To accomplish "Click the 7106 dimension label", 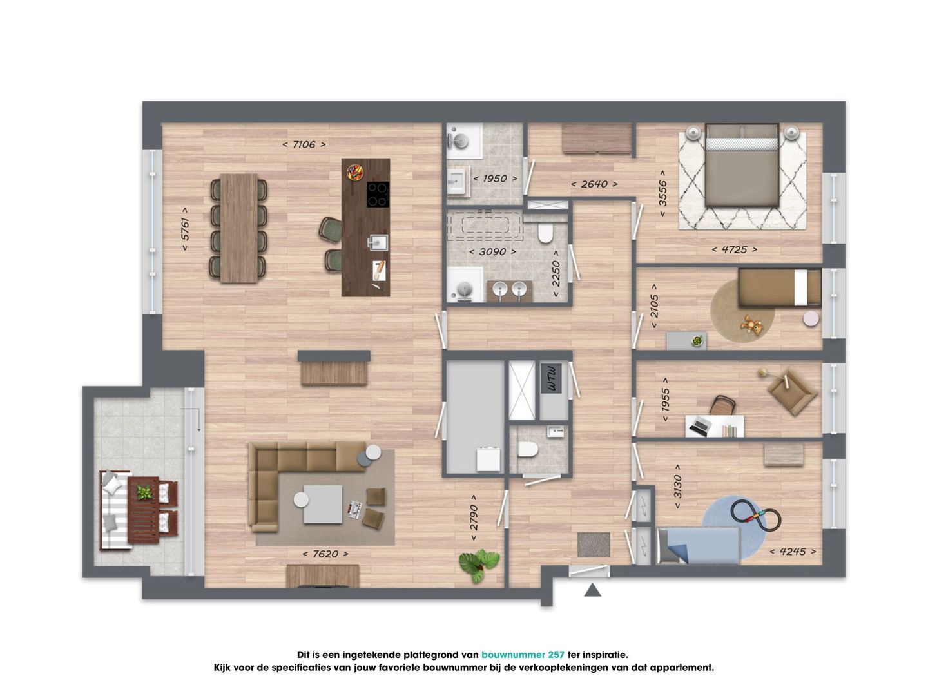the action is pos(304,144).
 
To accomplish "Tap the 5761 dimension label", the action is pos(185,229).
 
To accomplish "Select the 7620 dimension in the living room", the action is pos(325,554).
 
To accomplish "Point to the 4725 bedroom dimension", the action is pos(735,249).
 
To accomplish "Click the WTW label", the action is pos(552,378).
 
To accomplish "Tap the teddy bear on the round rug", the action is pos(751,325).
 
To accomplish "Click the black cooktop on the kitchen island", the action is pos(378,195).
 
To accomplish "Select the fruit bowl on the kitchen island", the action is pos(354,173).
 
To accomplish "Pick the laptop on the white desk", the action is pos(698,425).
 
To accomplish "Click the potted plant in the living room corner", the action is pos(479,565).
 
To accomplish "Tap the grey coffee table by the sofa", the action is pos(323,504).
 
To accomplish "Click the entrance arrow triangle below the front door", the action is pos(592,590).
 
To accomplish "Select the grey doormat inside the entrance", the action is pos(594,545).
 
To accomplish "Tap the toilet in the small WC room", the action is pos(528,449).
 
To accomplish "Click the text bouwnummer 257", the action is pos(523,655).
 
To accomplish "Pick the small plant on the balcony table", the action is pos(144,492).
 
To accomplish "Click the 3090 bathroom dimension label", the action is pos(492,252).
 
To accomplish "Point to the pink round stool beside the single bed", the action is pos(811,318).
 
